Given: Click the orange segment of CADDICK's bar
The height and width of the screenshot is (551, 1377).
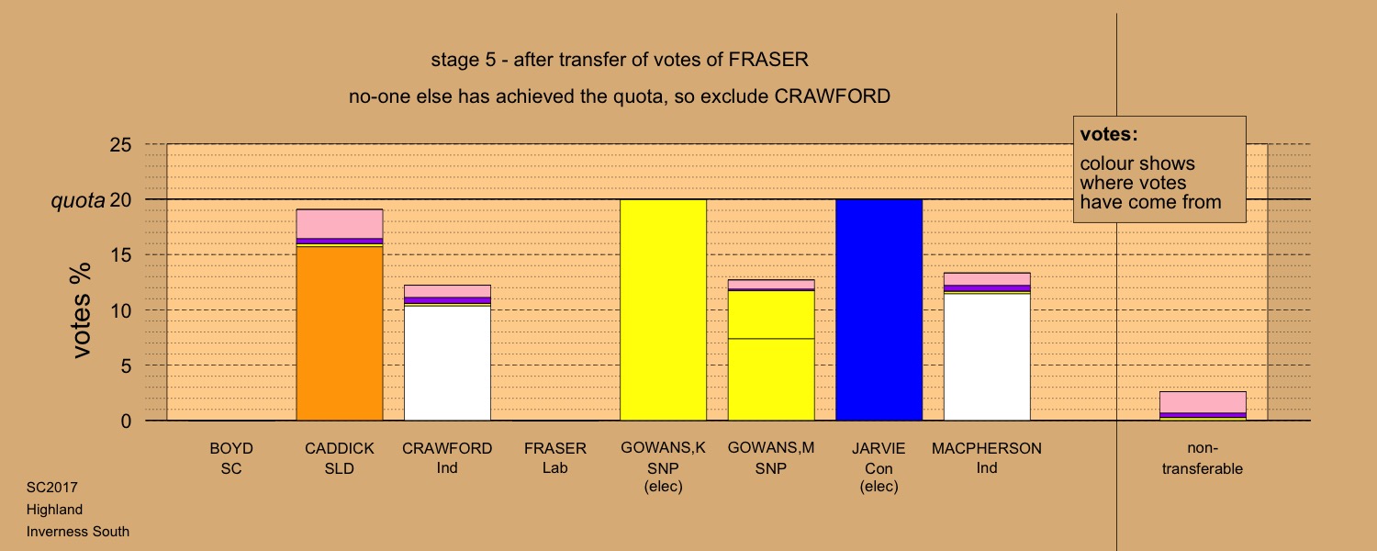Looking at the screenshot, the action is (340, 333).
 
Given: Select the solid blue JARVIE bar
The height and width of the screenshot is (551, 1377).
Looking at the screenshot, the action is (879, 310).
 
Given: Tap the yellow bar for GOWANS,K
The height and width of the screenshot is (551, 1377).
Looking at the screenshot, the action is (664, 310).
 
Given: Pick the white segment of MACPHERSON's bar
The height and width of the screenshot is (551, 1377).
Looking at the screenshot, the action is (987, 357).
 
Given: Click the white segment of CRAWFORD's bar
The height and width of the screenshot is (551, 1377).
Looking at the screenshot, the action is (448, 363).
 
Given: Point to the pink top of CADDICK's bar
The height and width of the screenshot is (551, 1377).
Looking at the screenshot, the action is (340, 224).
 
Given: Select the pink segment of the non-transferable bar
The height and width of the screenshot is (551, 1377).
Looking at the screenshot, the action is (1203, 402).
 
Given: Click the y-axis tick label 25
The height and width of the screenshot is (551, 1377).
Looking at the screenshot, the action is (120, 144).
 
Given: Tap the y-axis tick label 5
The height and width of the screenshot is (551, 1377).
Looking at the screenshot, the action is (126, 365).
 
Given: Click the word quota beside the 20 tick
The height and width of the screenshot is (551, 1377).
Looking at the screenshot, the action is (78, 200).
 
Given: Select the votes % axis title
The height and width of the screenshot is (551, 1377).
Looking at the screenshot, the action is (81, 310).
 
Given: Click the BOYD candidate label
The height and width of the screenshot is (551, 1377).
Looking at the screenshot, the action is (231, 448).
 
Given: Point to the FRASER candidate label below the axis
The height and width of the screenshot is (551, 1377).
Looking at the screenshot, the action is (555, 448).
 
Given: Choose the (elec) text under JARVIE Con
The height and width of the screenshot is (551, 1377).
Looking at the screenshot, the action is (879, 487).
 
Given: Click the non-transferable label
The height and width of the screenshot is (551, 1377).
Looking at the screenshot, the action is (1203, 458).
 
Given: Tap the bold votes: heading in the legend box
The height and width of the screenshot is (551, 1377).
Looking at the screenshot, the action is (1109, 134).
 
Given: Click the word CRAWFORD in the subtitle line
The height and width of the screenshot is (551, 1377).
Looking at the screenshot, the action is (832, 96).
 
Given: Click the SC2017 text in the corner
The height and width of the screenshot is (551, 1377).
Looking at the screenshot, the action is (52, 488).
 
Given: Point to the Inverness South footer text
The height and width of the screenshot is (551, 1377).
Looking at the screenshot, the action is (78, 532).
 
